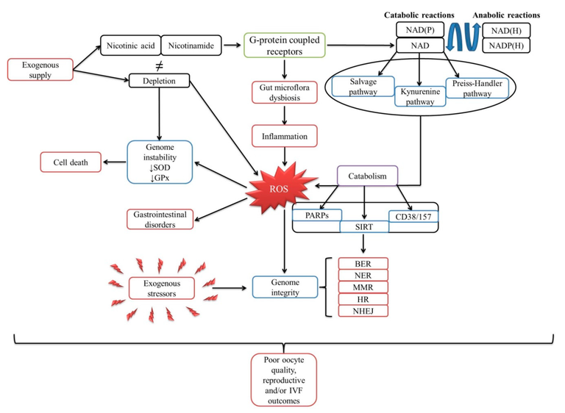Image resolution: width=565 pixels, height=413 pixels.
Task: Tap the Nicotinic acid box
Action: point(129,44)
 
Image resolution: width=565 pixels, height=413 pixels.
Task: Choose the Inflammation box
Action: point(282,136)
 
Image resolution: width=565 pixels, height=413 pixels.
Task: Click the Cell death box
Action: point(70,162)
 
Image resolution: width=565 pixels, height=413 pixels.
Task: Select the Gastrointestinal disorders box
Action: point(161,218)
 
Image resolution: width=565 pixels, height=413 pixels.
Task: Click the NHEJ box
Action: point(363,310)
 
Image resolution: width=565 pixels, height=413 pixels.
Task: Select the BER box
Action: point(363,263)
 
